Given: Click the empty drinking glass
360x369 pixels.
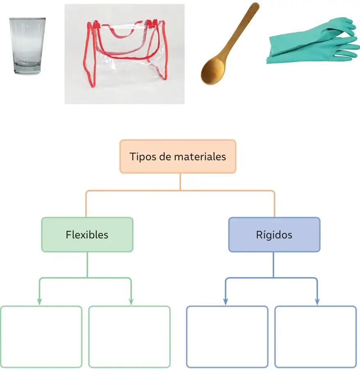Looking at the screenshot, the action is coord(27,46).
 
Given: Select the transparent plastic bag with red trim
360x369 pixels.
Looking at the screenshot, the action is coord(125,54).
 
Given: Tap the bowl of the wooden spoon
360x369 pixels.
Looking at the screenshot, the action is coord(213,71).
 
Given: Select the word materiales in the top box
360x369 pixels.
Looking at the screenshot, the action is coord(200,157).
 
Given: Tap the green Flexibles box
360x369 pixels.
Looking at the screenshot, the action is coord(87,235).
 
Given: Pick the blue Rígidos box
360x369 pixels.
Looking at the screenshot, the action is coord(274,235).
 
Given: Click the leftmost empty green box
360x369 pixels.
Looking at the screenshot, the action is coord(41,337).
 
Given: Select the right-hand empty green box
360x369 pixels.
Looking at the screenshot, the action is coord(130,337).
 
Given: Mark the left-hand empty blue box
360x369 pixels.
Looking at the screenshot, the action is coord(227,337).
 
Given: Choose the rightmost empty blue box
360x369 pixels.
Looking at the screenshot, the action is coord(316,337).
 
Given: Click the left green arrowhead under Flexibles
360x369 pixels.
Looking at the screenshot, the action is coord(39,302).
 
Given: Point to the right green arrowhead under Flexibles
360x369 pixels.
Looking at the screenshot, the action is coord(131,302).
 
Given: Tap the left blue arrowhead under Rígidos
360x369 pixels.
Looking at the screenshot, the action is coord(226,302).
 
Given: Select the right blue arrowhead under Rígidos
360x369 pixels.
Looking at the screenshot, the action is coord(317,302).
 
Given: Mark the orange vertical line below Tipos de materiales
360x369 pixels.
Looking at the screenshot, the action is coord(180,182).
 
